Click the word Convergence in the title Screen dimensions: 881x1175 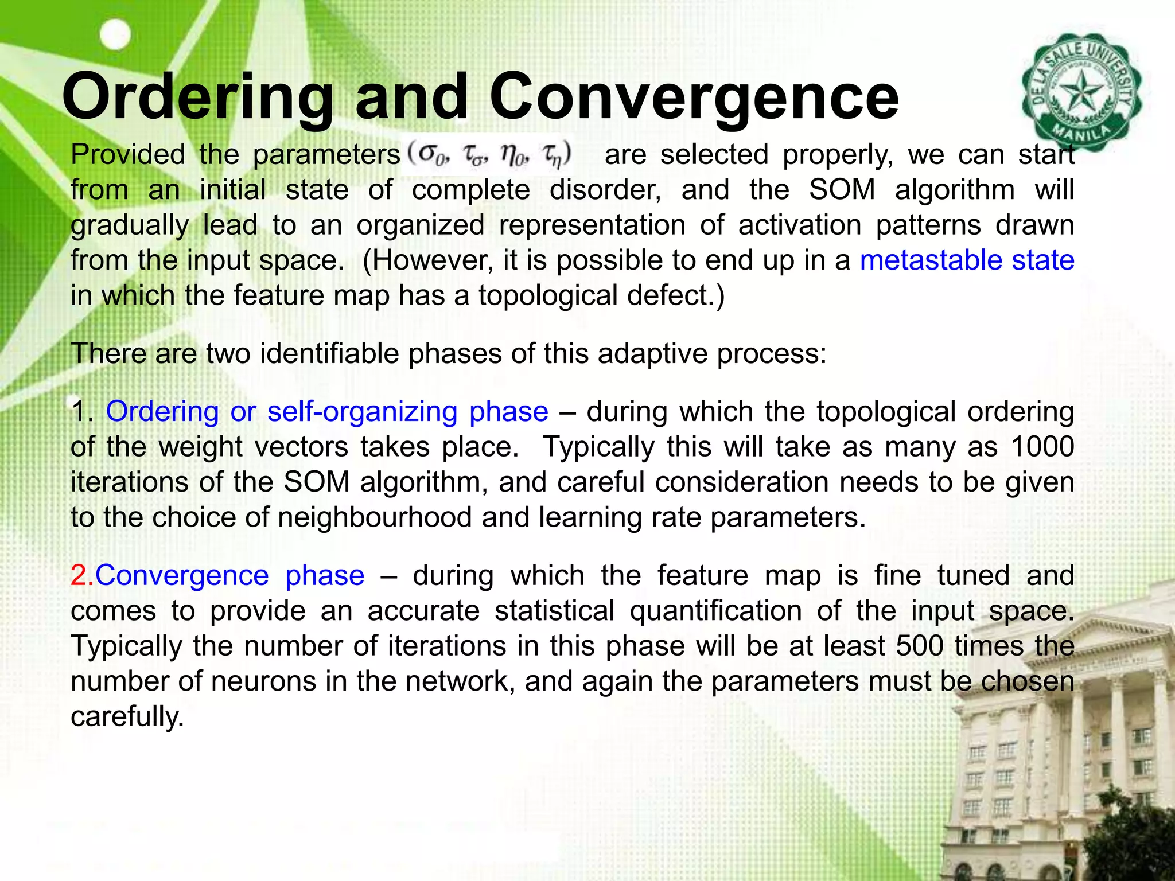point(694,98)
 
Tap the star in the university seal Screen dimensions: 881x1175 point(1080,92)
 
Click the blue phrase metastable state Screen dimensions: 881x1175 point(967,260)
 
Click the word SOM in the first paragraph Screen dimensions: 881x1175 point(842,190)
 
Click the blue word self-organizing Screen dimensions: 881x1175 point(362,411)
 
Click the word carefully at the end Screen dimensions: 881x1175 point(127,716)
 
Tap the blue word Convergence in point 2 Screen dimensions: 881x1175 point(182,575)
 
